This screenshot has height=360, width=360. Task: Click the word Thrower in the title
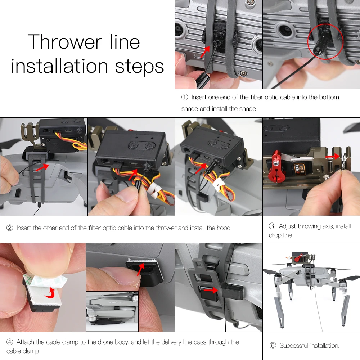65,42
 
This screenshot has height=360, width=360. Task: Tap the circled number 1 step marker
185,97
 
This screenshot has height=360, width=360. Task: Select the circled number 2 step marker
10,228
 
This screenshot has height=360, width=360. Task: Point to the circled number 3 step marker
272,226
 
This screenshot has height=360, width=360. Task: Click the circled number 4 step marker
10,342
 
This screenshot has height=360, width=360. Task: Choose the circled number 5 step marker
273,346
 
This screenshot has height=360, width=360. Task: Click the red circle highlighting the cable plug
325,41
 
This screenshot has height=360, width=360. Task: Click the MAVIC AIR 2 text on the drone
116,303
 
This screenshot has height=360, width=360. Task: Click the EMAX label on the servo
298,170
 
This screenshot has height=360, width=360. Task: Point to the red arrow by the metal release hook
332,157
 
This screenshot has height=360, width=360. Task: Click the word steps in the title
139,67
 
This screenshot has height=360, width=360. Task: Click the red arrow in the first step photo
205,51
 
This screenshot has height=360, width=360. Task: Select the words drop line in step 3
280,235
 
